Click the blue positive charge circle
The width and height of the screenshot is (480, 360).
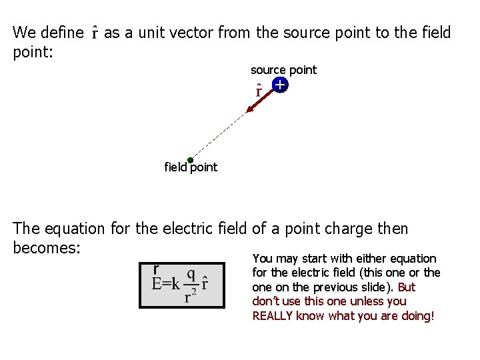(x=279, y=85)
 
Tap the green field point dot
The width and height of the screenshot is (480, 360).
(x=190, y=160)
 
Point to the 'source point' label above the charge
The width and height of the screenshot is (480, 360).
(x=283, y=70)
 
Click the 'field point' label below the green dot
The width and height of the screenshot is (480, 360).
(x=191, y=168)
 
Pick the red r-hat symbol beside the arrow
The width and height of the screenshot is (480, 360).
(x=259, y=90)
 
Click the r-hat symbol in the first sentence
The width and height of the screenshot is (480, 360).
(x=95, y=33)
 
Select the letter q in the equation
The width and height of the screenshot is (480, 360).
(x=191, y=274)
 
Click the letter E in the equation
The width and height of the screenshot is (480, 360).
(x=157, y=285)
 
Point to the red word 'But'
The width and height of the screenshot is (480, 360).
(x=406, y=287)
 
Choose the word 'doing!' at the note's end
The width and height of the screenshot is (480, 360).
(x=417, y=316)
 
